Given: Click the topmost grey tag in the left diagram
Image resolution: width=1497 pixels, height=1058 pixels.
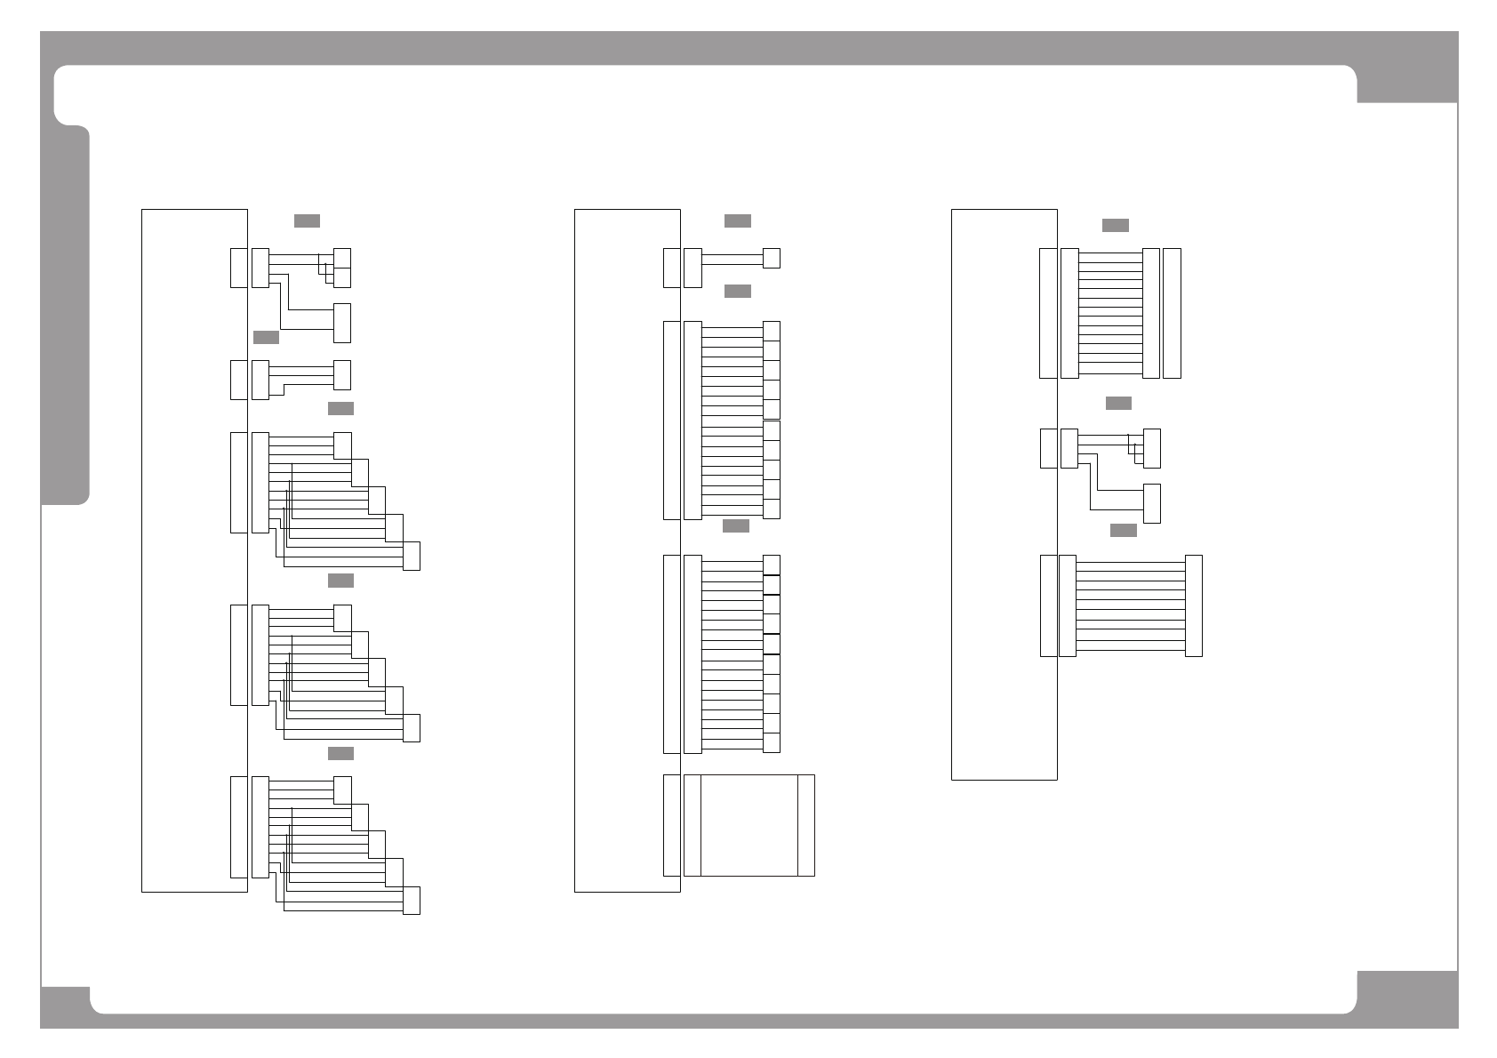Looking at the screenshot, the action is coord(307,220).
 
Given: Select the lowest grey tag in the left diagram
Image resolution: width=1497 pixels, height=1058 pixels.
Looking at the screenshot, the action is coord(340,753).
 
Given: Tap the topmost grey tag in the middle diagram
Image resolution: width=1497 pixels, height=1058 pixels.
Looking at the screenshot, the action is coord(737,220).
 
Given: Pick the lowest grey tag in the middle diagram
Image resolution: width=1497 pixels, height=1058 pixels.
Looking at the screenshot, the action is coord(735,525).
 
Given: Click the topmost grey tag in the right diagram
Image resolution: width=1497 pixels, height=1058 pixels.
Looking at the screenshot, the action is coord(1115,225).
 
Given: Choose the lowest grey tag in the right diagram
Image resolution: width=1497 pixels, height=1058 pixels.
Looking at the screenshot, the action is coord(1123,530).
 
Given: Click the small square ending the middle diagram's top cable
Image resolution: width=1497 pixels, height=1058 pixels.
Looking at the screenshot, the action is coord(771,258).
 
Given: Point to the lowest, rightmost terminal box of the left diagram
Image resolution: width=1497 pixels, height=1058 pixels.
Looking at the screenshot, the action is coord(411,900).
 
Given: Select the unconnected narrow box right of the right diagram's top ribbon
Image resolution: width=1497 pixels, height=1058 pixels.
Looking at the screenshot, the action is coord(1172,313).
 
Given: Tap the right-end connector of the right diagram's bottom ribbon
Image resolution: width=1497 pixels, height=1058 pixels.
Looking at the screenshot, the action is coord(1193,605).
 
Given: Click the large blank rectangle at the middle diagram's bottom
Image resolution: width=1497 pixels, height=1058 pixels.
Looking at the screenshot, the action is coord(749,825).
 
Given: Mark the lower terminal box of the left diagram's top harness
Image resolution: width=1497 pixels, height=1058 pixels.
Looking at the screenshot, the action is coord(341,323).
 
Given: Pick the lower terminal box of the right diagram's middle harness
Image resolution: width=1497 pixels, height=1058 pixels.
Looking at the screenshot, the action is coord(1151,503).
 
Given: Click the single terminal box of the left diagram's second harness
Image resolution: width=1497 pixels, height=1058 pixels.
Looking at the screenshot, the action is coord(341,374).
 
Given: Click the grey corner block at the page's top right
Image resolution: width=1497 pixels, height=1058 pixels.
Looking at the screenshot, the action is coord(1406,68).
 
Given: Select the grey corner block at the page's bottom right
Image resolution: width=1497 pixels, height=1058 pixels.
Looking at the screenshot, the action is coord(1407,999).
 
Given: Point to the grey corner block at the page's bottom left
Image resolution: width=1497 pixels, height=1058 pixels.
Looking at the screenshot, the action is coord(65,1007).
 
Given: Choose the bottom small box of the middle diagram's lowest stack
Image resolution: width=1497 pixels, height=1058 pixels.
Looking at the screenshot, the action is coord(771,742).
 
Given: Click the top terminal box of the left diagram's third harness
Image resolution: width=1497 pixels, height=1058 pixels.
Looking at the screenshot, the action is coord(341,445).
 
